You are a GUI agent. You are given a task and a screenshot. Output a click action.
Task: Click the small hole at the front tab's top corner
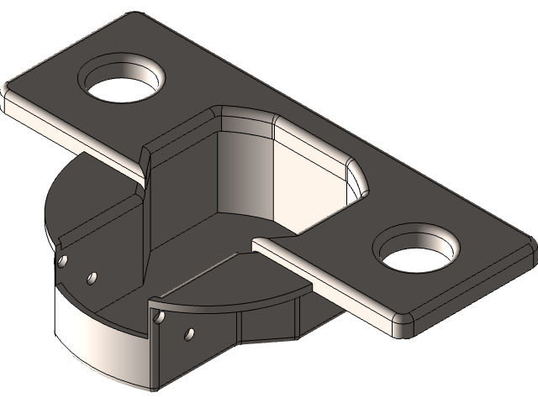[157, 317]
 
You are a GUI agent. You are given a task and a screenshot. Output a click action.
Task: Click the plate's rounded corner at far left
[10, 92]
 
